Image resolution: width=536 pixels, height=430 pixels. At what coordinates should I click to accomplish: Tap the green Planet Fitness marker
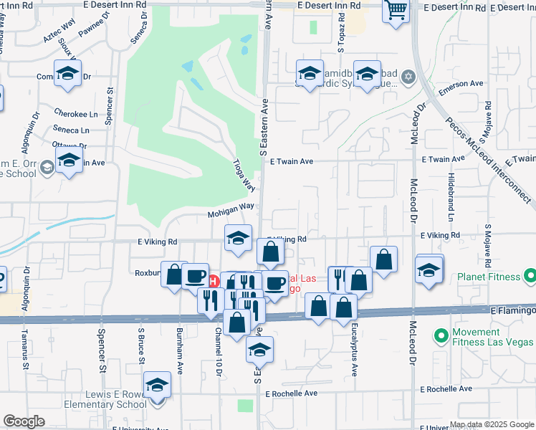[x=530, y=275]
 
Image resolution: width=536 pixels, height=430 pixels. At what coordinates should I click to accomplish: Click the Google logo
[x=24, y=421]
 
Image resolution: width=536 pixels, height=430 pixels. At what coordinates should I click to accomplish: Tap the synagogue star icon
[x=408, y=77]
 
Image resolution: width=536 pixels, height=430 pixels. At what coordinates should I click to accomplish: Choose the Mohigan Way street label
[x=231, y=206]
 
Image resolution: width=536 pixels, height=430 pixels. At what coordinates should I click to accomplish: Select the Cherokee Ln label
[x=75, y=114]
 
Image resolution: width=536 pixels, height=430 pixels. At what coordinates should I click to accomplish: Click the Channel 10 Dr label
[x=218, y=350]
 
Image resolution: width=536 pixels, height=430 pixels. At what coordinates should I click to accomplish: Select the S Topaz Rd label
[x=342, y=46]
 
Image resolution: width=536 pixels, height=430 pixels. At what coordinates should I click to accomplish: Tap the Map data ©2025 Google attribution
[x=491, y=424]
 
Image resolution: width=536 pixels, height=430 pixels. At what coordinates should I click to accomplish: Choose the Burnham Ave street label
[x=179, y=350]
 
